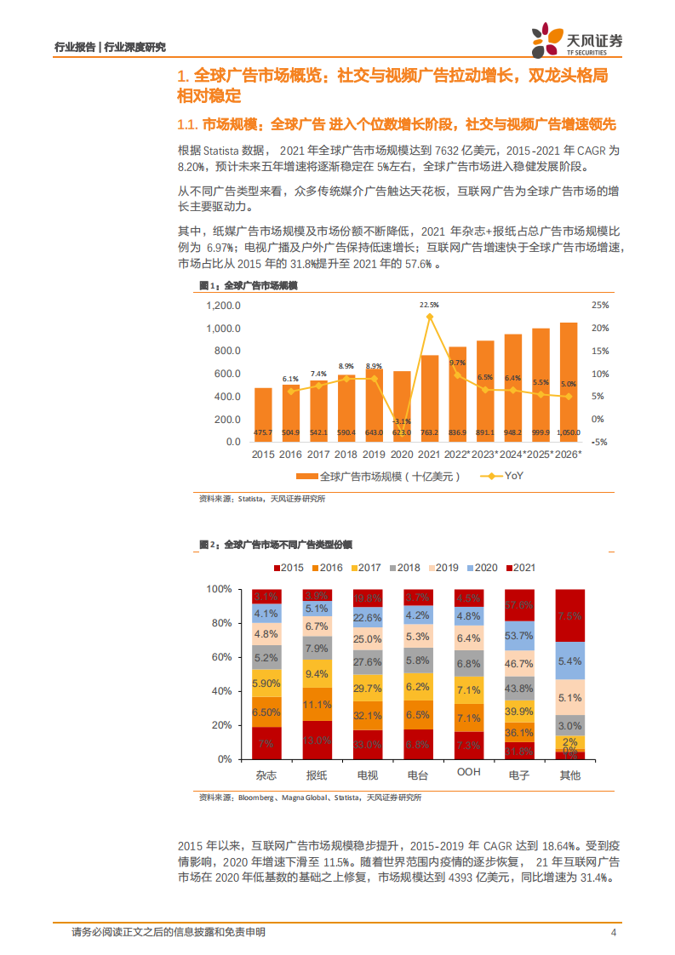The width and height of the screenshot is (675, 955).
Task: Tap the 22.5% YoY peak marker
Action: pos(430,317)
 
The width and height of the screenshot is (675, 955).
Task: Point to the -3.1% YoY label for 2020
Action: pos(403,420)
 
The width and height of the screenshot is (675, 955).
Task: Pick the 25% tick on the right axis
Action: pos(599,306)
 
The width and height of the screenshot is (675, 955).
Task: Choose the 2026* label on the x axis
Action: pos(567,455)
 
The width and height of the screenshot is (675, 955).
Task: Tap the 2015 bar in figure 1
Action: pos(264,415)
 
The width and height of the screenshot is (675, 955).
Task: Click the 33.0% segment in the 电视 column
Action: pos(367,744)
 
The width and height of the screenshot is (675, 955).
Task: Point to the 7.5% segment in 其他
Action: pos(569,615)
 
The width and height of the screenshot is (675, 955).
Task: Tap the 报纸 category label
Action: pos(317,775)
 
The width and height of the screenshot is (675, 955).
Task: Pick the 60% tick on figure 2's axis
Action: pos(220,657)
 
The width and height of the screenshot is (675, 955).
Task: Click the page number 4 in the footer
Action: pos(613,932)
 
